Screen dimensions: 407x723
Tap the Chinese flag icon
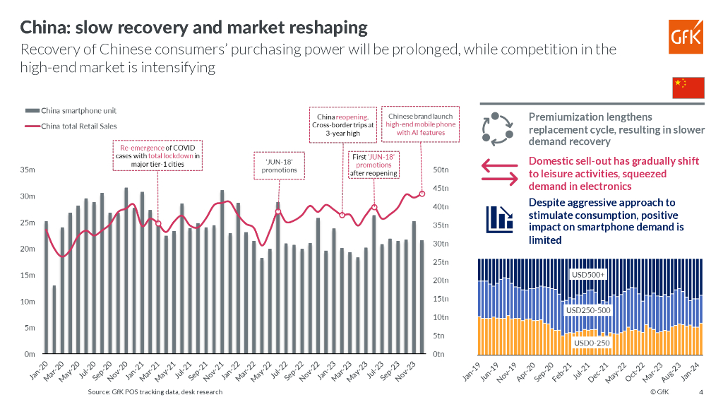688,87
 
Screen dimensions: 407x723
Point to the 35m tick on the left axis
29,170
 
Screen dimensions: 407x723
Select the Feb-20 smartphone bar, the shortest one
54,319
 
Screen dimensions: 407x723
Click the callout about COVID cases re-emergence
157,156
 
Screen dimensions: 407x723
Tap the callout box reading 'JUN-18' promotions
279,165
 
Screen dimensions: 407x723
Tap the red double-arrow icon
500,172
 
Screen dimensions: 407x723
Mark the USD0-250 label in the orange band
590,343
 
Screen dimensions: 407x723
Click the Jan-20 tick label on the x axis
38,373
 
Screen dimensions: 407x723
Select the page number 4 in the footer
700,392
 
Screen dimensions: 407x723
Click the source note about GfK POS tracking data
155,391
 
